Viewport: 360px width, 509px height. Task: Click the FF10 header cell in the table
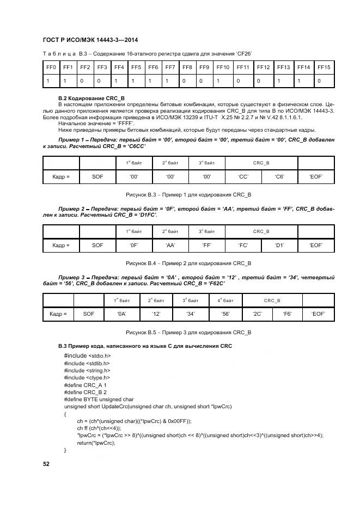(222, 67)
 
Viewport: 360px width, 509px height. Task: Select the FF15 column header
(324, 67)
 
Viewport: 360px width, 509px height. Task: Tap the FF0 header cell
(51, 67)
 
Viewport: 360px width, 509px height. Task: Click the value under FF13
(283, 81)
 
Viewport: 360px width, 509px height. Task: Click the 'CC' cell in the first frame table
(243, 177)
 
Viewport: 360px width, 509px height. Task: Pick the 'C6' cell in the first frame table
(279, 177)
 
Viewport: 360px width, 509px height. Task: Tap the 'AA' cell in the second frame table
(170, 246)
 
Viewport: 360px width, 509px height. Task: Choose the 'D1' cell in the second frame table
(279, 246)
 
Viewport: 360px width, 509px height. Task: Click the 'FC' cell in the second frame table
(243, 246)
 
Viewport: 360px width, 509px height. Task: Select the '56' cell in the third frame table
(225, 314)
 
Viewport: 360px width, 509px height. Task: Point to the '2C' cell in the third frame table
(257, 314)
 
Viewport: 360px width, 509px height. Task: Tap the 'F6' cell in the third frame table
(287, 314)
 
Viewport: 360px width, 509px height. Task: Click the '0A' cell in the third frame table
(122, 314)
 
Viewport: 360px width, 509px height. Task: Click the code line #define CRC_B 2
(85, 392)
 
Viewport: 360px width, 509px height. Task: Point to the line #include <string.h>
(87, 370)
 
